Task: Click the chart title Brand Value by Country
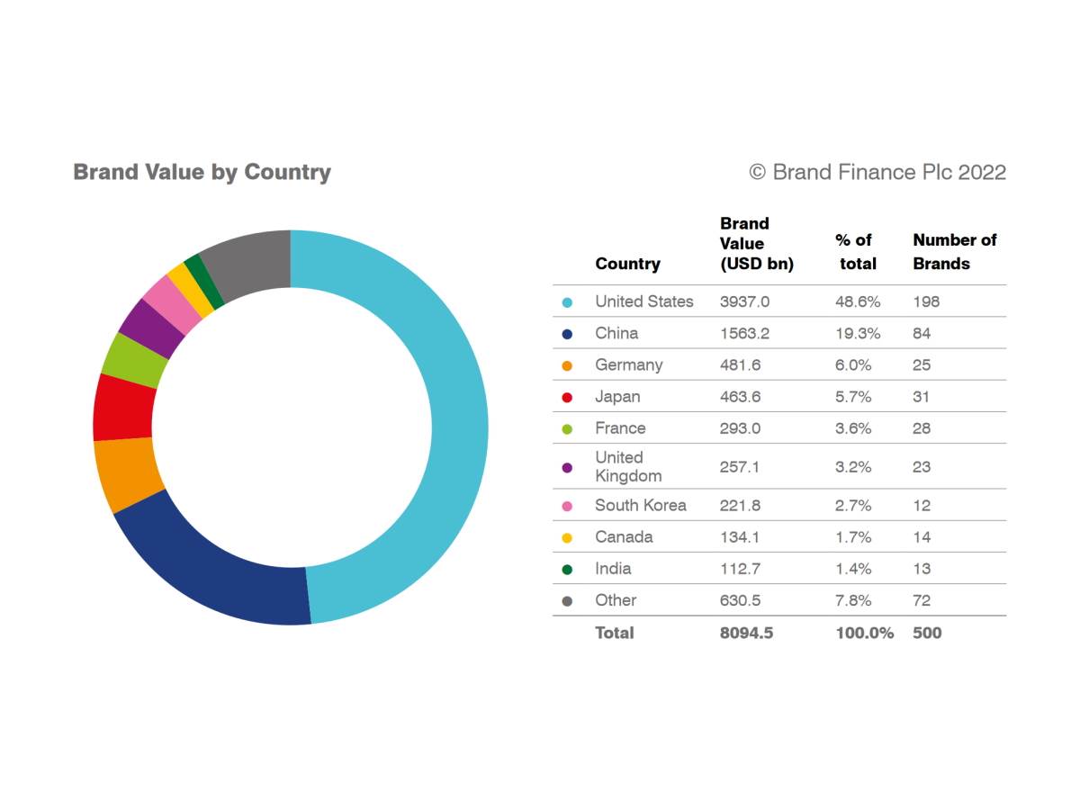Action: point(202,172)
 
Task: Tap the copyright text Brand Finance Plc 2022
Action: point(877,172)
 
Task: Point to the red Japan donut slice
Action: point(124,407)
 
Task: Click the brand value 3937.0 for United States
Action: point(744,301)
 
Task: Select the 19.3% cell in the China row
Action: point(857,333)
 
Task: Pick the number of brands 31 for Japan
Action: point(921,397)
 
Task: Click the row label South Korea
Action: point(640,506)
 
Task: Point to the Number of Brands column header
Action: point(954,251)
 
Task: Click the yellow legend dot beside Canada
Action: point(567,538)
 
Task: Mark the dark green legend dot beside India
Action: point(567,570)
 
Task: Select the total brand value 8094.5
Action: point(746,633)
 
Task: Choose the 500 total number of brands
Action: point(927,633)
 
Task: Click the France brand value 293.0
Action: point(740,428)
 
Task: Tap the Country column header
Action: point(627,264)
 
